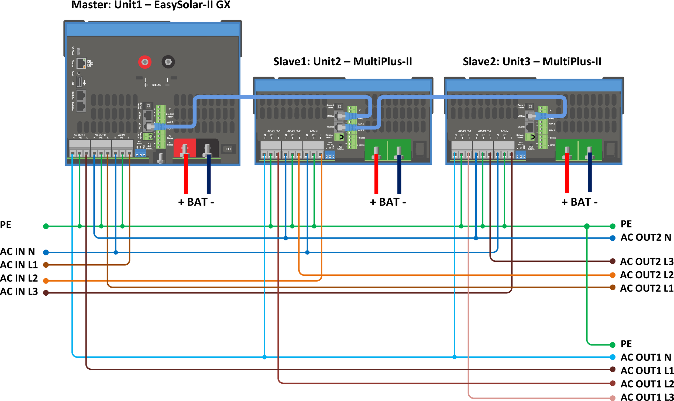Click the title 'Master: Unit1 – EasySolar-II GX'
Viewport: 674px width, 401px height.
click(x=151, y=5)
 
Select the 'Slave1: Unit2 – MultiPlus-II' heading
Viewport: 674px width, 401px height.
click(x=342, y=62)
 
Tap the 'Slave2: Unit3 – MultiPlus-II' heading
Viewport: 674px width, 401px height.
click(x=532, y=62)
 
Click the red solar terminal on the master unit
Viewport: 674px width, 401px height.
click(x=145, y=62)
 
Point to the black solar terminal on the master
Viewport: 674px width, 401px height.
click(x=168, y=62)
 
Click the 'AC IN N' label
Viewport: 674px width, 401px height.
click(x=18, y=252)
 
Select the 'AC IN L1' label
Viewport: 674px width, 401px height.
click(x=19, y=265)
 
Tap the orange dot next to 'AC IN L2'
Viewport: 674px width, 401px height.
click(x=46, y=281)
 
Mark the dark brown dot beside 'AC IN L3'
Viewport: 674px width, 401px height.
click(x=46, y=293)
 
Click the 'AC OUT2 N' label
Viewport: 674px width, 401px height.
click(x=646, y=237)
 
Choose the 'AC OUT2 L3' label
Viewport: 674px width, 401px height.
click(x=647, y=262)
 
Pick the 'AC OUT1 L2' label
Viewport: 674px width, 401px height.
click(x=647, y=384)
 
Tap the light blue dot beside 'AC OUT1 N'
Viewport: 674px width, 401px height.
click(x=613, y=357)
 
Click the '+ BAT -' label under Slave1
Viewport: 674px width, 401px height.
click(x=388, y=202)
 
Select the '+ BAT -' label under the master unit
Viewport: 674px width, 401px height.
click(x=196, y=202)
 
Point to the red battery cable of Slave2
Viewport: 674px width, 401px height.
click(x=567, y=173)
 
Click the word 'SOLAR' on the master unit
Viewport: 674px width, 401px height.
click(x=156, y=85)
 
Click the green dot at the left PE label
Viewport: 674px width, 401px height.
click(x=46, y=226)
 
